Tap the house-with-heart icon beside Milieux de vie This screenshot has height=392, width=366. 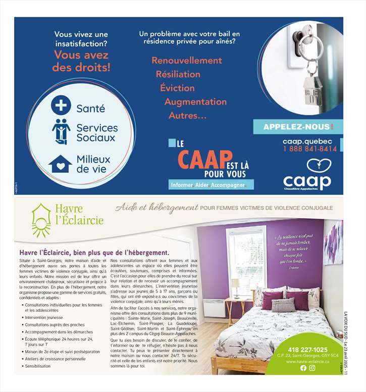click(x=61, y=164)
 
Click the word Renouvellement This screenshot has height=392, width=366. click(x=186, y=61)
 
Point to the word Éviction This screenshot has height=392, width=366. click(x=177, y=88)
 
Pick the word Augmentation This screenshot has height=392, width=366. click(x=195, y=102)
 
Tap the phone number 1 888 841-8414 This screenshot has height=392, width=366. click(x=309, y=149)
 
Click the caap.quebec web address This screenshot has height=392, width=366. click(x=307, y=141)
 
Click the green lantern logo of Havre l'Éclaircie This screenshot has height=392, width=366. click(x=40, y=220)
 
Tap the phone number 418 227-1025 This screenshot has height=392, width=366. click(x=307, y=350)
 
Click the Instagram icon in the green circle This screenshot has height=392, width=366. click(x=312, y=368)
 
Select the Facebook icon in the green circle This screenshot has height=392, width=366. click(x=303, y=368)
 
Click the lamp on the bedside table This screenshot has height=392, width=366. click(x=235, y=285)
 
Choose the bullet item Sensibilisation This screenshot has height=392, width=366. click(x=38, y=366)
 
